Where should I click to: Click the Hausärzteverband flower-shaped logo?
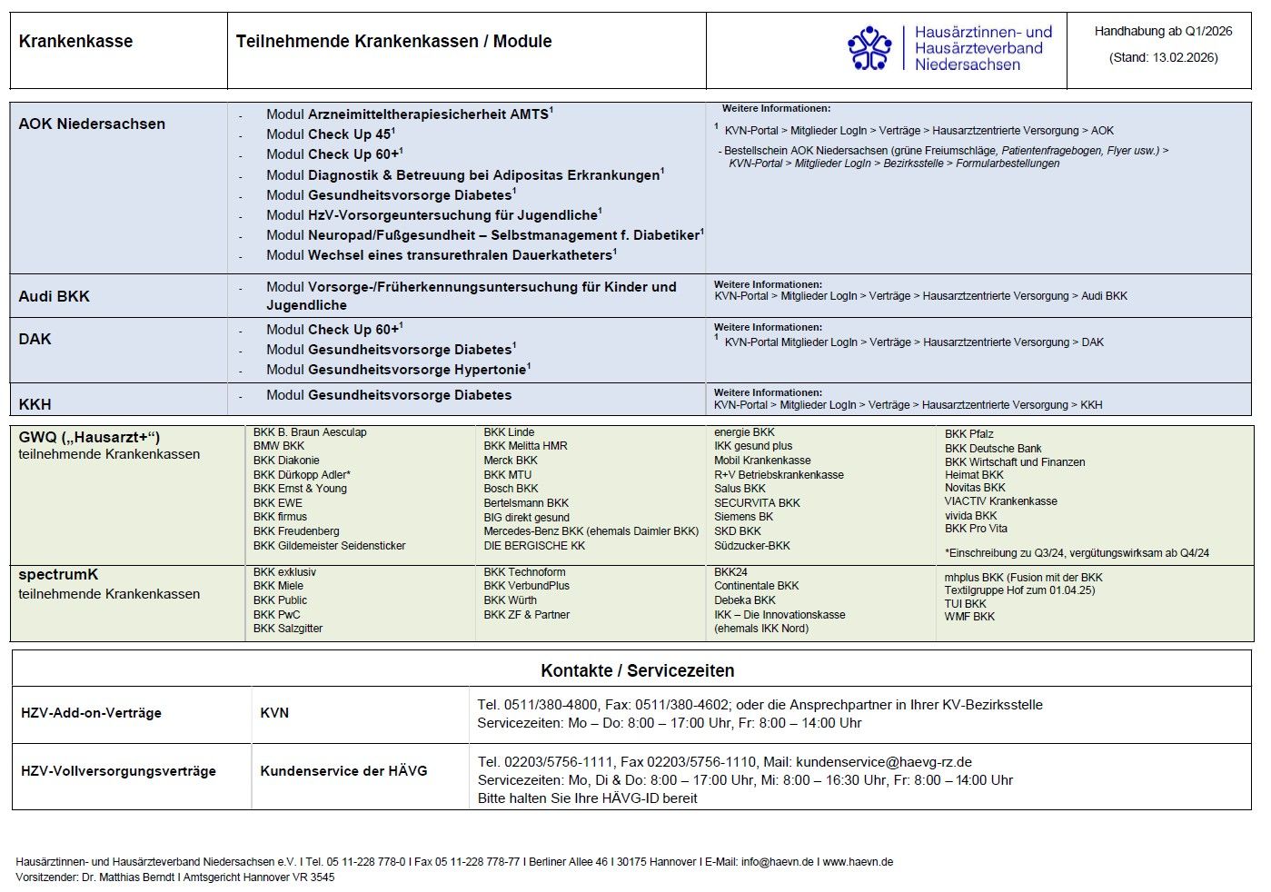point(869,48)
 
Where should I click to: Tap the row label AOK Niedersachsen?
point(92,124)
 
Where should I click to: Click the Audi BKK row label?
point(54,296)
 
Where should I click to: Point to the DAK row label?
point(35,339)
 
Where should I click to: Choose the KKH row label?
point(35,404)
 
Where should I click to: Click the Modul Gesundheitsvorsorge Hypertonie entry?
point(398,370)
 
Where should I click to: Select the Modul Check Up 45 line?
point(330,134)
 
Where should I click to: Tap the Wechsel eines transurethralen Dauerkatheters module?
point(441,255)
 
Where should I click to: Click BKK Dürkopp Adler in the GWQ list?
point(302,474)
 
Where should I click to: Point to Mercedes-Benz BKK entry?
point(591,531)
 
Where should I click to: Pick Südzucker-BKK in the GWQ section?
point(751,546)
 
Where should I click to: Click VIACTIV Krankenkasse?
point(1000,501)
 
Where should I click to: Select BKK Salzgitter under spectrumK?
point(287,629)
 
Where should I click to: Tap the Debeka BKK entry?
point(744,600)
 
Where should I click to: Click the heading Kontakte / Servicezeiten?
point(637,670)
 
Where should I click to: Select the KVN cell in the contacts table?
point(274,713)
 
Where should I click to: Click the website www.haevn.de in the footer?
point(858,862)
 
